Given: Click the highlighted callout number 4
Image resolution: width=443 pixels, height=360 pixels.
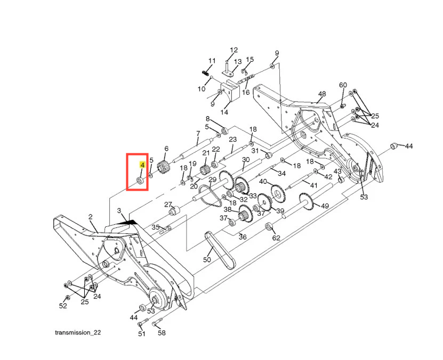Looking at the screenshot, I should pos(142,166).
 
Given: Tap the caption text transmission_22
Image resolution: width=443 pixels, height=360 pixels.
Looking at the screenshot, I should pos(78,332).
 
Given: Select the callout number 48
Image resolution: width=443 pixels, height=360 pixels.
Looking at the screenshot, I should pos(321,94).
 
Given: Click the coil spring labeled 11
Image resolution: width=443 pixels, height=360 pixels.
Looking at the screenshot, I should pos(206,72).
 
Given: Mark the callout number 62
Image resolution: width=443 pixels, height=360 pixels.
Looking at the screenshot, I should pos(276,238).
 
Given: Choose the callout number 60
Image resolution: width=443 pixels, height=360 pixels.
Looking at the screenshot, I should pos(343,85).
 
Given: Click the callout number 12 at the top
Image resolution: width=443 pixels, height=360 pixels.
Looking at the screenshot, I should pos(233,50).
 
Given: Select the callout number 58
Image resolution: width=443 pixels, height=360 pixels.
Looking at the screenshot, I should pos(162,333).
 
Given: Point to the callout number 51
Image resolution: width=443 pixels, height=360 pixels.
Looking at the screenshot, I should pos(142,334).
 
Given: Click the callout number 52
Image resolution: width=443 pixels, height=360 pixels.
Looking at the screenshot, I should pos(63,306).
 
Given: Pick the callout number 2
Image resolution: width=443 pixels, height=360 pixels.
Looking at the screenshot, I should pos(91,217).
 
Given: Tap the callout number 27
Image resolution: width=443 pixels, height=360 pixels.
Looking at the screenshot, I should pos(168,205).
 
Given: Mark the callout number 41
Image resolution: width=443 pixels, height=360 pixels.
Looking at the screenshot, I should pos(313,185).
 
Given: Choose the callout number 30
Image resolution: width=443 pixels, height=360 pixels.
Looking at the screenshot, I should pos(245,160).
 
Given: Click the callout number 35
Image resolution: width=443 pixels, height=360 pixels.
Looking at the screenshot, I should pos(156,227).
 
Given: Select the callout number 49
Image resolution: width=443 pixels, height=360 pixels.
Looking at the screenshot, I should pos(325,206).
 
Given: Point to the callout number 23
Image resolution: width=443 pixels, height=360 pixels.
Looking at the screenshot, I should pos(232,140).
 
